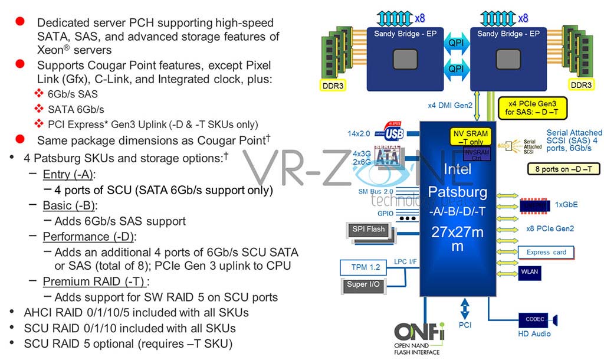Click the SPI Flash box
368,229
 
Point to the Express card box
546,253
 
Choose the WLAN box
529,272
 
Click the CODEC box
534,319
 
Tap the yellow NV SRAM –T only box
470,137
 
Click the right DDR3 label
581,84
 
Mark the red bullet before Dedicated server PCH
20,21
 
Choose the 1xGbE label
566,205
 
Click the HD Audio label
534,333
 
